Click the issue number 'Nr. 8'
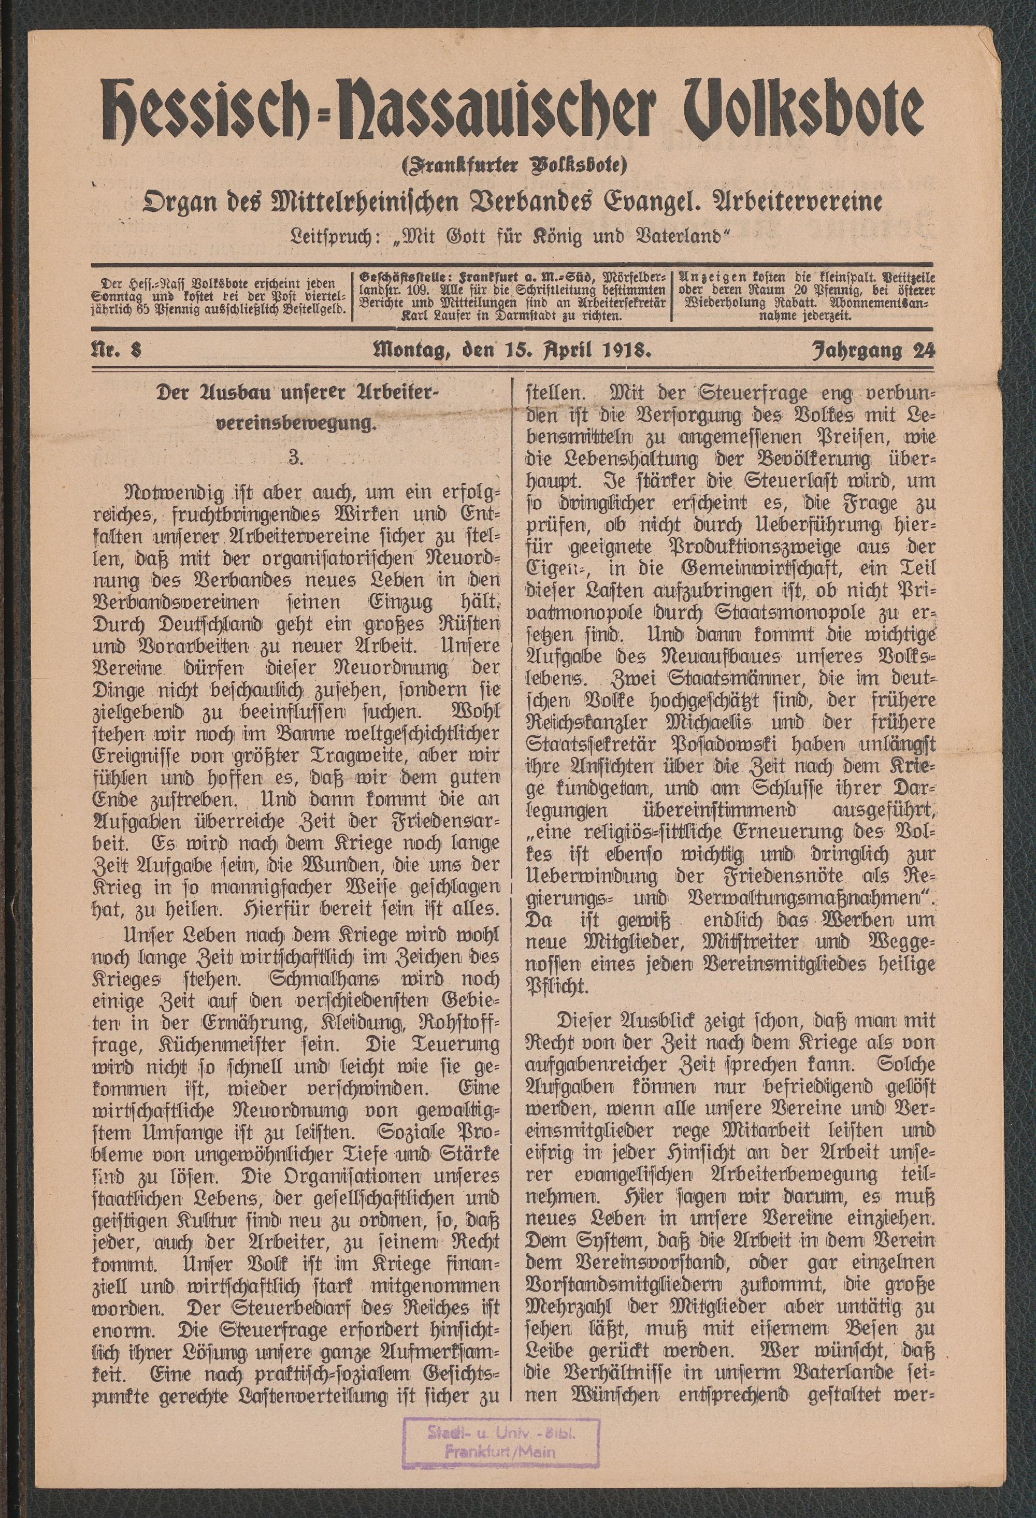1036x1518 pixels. click(117, 351)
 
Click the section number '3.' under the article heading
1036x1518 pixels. click(295, 457)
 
